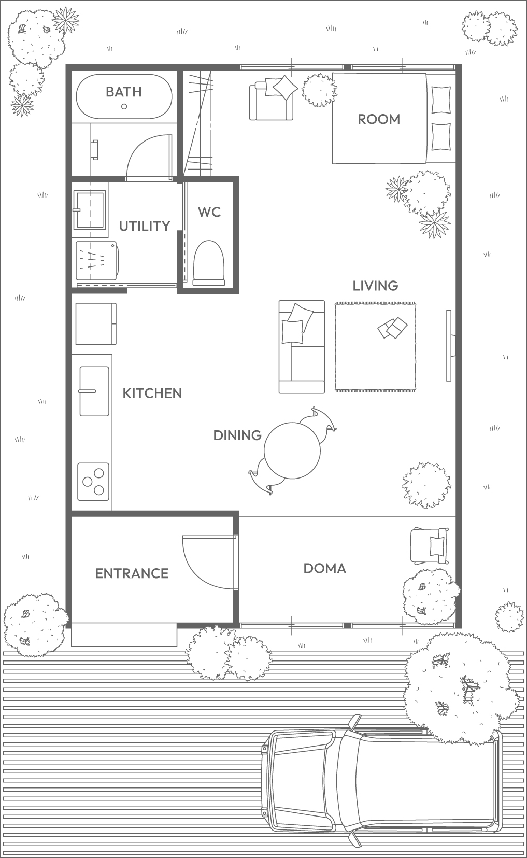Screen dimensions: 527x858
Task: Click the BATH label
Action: [124, 92]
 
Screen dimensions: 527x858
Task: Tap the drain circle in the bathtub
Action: [124, 106]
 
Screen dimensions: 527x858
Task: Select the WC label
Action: [209, 212]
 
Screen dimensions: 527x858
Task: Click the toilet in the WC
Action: [209, 263]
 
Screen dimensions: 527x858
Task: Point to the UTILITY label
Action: [145, 227]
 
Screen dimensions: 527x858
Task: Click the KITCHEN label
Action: [152, 393]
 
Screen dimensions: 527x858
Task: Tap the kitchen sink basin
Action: [94, 391]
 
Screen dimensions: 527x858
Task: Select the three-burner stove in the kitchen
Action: [93, 482]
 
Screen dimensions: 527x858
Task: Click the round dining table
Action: [292, 451]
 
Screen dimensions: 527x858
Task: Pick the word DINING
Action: [237, 435]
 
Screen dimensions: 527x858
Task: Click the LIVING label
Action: [375, 286]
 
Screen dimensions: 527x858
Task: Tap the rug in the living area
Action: [375, 347]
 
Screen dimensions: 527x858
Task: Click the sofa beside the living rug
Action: [302, 347]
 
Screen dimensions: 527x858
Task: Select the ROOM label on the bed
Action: [379, 120]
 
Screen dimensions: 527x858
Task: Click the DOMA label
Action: [325, 568]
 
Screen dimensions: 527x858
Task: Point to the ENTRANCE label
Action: [132, 573]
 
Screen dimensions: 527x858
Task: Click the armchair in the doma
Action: [430, 545]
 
